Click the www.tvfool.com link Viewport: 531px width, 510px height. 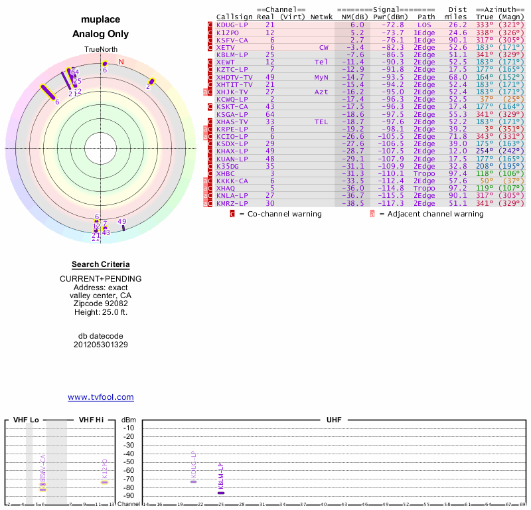pos(101,397)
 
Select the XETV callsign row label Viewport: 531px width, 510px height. pos(226,47)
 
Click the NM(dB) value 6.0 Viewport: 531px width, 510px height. pos(357,25)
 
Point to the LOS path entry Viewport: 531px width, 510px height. pos(425,25)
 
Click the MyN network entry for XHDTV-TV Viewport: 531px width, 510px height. pos(321,77)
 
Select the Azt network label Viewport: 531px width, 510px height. pos(321,92)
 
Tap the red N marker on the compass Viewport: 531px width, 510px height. pos(121,62)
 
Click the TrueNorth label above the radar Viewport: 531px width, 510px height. pos(100,50)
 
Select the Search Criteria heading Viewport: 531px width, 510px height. pos(101,264)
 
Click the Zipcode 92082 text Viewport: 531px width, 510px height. pos(101,303)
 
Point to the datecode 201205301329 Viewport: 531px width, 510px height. pos(101,345)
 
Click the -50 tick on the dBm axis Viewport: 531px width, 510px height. pos(129,462)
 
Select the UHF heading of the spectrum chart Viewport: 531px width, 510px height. pos(335,420)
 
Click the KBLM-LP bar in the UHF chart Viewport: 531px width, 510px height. pos(221,493)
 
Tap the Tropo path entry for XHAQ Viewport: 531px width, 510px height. pos(425,188)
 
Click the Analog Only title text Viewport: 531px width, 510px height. pos(101,34)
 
